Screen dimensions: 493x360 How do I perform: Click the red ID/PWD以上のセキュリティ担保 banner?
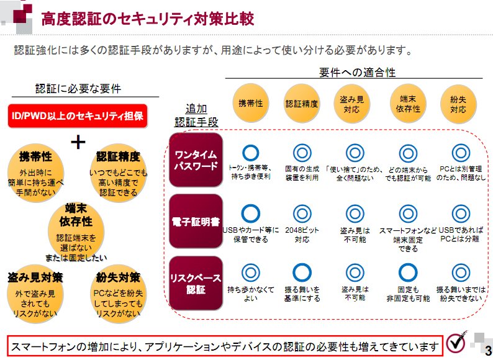click(x=78, y=116)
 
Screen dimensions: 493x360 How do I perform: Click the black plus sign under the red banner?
click(x=78, y=142)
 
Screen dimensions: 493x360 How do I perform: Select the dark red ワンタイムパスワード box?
click(x=196, y=160)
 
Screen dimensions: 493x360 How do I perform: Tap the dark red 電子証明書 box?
click(x=196, y=222)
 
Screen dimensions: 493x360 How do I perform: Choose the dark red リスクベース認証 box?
click(x=196, y=283)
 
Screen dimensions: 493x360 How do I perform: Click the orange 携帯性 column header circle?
click(x=251, y=103)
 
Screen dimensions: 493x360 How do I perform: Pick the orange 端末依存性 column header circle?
click(x=408, y=104)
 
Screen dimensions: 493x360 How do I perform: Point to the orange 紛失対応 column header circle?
click(x=458, y=104)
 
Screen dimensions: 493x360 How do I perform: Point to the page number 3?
click(x=488, y=350)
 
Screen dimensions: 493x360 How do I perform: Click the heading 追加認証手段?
click(x=196, y=115)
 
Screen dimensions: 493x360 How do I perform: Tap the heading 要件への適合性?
click(x=357, y=73)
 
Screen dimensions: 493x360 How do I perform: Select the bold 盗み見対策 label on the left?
click(x=35, y=277)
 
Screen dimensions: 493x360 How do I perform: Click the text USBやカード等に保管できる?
click(x=251, y=235)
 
